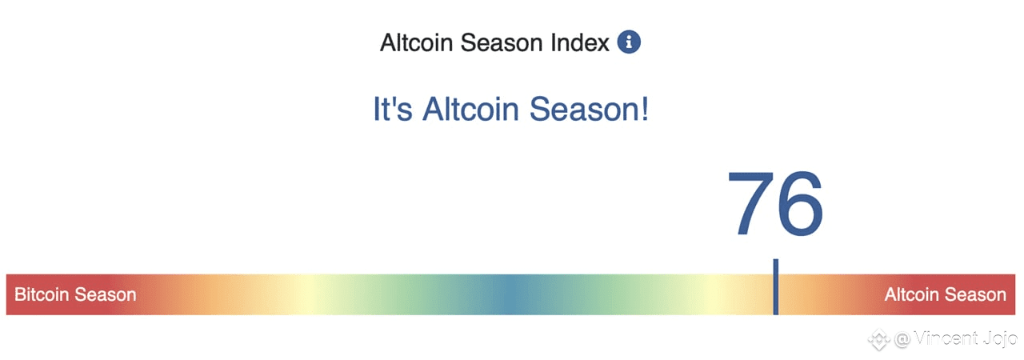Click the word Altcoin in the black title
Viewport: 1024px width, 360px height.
pyautogui.click(x=416, y=43)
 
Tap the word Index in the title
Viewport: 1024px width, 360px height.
pyautogui.click(x=580, y=43)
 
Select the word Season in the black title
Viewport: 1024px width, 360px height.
pyautogui.click(x=502, y=43)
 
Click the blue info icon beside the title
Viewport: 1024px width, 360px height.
pyautogui.click(x=629, y=42)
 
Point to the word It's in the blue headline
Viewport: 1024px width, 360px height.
pyautogui.click(x=393, y=109)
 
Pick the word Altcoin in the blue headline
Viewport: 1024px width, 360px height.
pyautogui.click(x=471, y=109)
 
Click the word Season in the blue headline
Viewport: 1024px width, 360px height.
pyautogui.click(x=584, y=109)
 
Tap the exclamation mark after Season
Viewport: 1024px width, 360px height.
pyautogui.click(x=645, y=109)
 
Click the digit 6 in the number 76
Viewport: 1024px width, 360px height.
pyautogui.click(x=800, y=204)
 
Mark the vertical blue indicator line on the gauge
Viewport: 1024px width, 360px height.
pyautogui.click(x=776, y=287)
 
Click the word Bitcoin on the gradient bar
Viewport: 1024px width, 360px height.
pyautogui.click(x=42, y=294)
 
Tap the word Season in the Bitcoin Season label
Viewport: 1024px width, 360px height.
pyautogui.click(x=106, y=294)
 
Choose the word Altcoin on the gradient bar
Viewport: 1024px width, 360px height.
pyautogui.click(x=912, y=294)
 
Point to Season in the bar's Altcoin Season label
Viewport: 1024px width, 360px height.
pyautogui.click(x=975, y=294)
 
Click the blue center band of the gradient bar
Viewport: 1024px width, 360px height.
pyautogui.click(x=510, y=294)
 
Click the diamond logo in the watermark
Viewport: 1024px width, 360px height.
pyautogui.click(x=878, y=340)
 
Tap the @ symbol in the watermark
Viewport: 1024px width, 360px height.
pyautogui.click(x=902, y=340)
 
